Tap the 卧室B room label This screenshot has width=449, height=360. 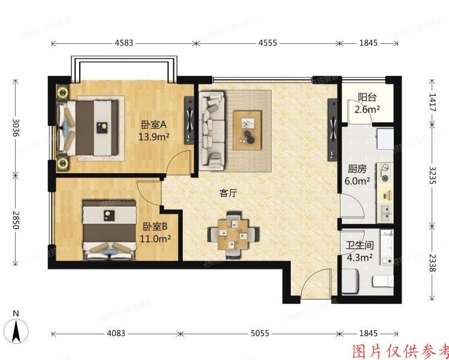pyautogui.click(x=155, y=227)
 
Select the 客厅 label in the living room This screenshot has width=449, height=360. pyautogui.click(x=228, y=193)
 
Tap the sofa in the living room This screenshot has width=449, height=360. pyautogui.click(x=210, y=128)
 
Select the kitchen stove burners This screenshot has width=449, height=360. pyautogui.click(x=384, y=174)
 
